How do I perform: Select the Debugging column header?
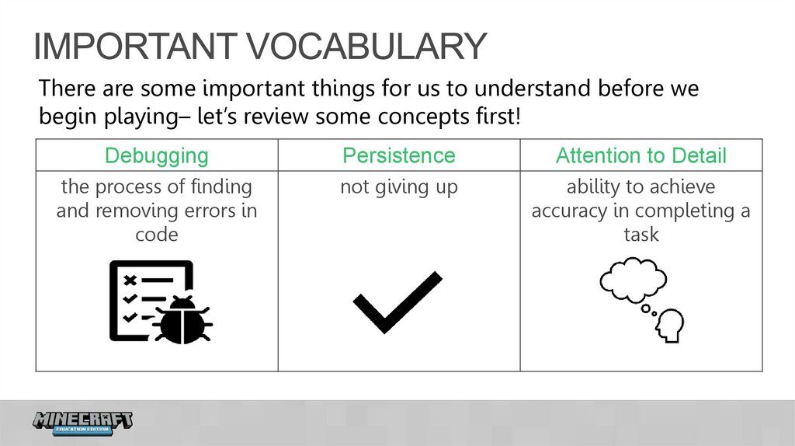(x=157, y=155)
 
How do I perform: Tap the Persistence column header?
(x=399, y=155)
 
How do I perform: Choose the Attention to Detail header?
(x=641, y=155)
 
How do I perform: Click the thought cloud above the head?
(x=633, y=279)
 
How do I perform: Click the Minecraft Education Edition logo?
(x=83, y=422)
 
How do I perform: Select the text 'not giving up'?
(x=399, y=187)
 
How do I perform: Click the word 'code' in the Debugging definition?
(x=157, y=235)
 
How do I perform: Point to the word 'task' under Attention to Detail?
(x=641, y=235)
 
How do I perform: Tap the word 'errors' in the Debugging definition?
(x=210, y=211)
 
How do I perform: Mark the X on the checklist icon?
(x=130, y=279)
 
